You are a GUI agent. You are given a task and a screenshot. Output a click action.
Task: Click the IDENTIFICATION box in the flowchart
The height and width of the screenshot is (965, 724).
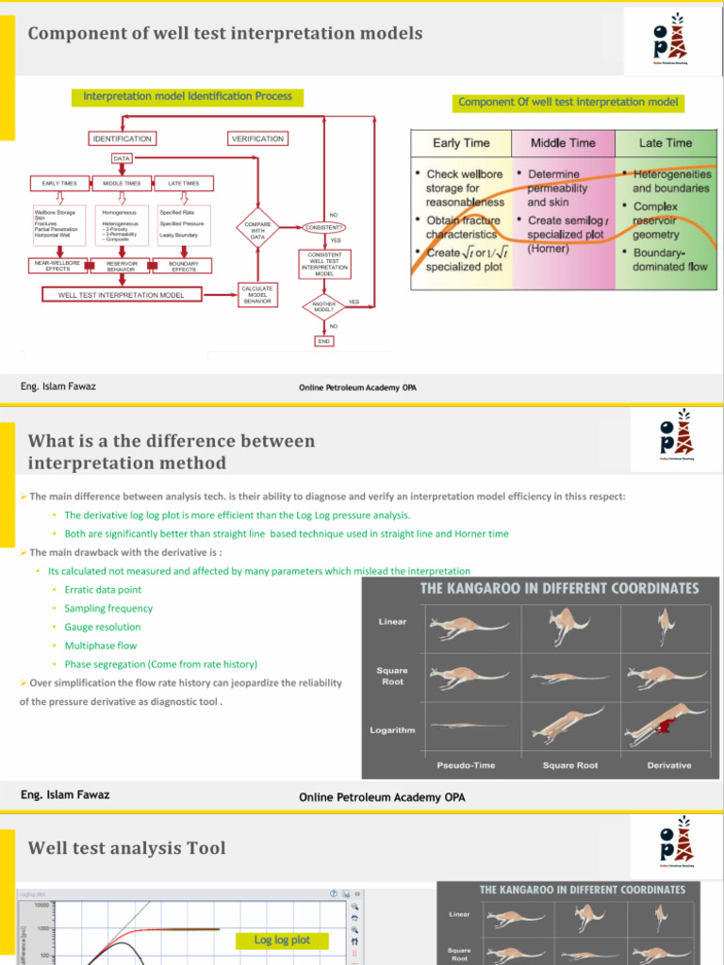[x=122, y=139]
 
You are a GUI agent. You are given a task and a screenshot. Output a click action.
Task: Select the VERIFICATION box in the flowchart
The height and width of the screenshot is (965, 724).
[x=257, y=139]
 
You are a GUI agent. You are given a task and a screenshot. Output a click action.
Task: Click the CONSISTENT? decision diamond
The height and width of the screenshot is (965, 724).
[x=323, y=227]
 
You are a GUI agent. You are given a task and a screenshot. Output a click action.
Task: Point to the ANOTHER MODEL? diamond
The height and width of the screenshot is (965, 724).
[x=323, y=305]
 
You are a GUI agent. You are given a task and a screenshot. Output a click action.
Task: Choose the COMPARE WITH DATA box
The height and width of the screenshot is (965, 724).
[x=257, y=231]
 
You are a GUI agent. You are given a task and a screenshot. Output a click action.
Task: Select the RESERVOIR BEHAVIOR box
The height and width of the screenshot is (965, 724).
[x=122, y=268]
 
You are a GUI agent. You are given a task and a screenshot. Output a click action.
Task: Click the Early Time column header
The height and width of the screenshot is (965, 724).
[x=461, y=143]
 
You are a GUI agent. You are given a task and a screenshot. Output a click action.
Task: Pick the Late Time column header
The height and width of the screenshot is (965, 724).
[x=666, y=143]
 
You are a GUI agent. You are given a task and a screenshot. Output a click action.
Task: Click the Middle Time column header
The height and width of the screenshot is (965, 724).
[x=563, y=143]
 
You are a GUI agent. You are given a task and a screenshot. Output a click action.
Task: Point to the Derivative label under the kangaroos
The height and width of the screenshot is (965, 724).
[x=669, y=765]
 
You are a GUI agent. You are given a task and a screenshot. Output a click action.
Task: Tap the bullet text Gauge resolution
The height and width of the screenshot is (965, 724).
[x=103, y=627]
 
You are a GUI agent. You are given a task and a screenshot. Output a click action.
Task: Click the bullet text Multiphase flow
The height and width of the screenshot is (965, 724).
[x=100, y=646]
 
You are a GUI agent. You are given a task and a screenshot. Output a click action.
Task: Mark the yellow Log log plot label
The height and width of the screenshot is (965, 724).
[x=283, y=940]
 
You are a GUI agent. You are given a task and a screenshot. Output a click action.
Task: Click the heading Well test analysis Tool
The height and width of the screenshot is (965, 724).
[x=127, y=848]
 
